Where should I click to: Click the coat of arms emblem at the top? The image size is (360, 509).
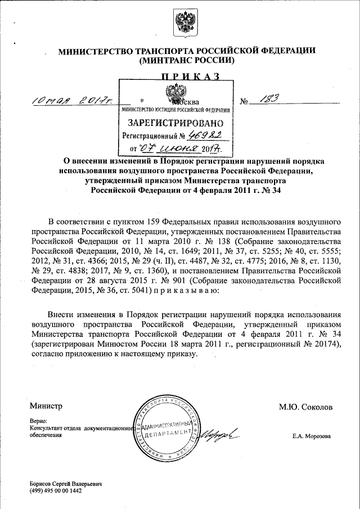click(181, 24)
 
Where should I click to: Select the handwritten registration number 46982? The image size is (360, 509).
click(206, 136)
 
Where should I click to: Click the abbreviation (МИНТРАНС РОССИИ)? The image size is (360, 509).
click(187, 60)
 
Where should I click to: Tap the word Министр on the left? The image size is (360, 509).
click(46, 406)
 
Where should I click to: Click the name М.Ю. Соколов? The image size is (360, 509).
click(306, 407)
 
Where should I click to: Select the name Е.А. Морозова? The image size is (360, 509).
click(311, 436)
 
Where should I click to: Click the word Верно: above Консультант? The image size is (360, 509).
click(39, 421)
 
